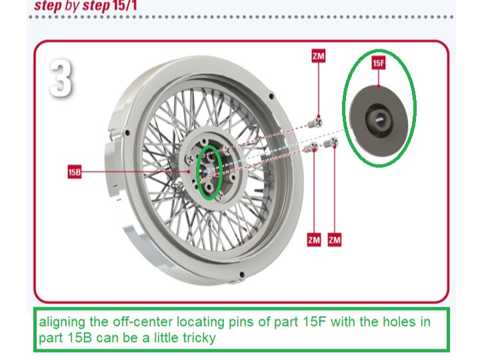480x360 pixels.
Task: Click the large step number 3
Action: click(61, 79)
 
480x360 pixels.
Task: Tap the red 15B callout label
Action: click(74, 172)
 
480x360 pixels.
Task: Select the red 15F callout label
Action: click(378, 63)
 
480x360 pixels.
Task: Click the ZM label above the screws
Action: click(318, 56)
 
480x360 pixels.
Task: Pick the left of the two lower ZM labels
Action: click(314, 239)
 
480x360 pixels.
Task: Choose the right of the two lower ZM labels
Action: click(335, 239)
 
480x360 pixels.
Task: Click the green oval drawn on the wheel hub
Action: click(209, 171)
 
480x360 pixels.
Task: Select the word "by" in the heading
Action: click(73, 5)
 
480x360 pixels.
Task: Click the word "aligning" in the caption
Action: click(62, 323)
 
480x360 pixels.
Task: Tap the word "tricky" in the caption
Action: click(199, 338)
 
